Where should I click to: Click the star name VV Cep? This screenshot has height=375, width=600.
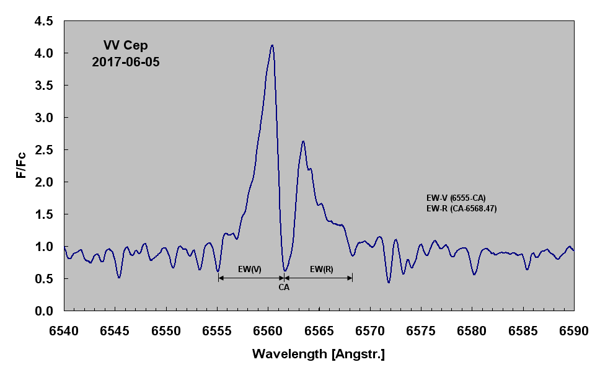click(126, 45)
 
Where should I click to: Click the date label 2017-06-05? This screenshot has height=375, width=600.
click(126, 62)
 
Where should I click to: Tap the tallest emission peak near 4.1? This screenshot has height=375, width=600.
click(271, 46)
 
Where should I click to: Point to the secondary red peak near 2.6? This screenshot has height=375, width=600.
click(303, 142)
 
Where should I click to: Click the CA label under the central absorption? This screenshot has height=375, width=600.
click(284, 288)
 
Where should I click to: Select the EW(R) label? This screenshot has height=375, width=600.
click(321, 269)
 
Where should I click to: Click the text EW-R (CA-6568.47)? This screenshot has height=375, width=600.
click(462, 209)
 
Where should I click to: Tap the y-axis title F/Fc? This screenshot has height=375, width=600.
click(21, 165)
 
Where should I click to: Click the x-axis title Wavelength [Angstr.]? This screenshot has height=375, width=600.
click(319, 355)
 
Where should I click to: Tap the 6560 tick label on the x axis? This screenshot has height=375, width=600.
click(268, 332)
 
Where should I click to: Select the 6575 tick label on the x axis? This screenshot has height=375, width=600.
click(421, 332)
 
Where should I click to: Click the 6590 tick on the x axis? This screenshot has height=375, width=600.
click(573, 332)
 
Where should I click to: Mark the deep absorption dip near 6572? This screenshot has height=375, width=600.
click(389, 282)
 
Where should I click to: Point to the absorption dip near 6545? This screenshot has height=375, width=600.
click(119, 276)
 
